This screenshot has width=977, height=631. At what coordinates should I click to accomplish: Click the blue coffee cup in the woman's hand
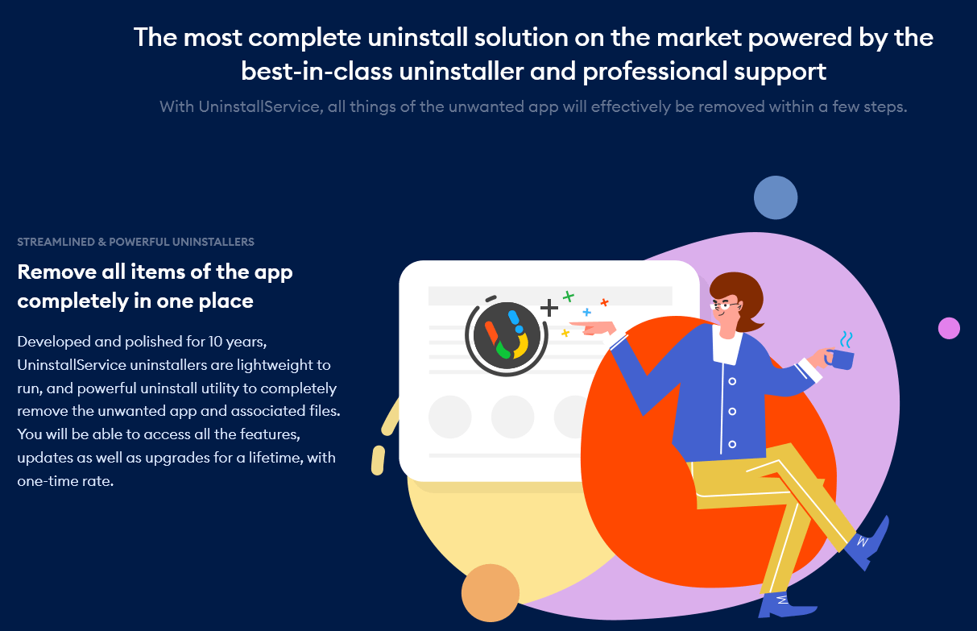coord(840,359)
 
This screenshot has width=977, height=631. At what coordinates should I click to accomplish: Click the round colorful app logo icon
coord(507,335)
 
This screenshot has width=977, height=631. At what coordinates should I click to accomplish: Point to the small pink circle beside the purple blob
coord(949,328)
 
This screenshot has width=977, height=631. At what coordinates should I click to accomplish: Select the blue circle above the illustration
coord(776,197)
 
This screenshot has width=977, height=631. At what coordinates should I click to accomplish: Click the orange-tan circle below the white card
coord(491,592)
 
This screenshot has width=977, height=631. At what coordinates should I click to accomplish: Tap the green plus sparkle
coord(569,297)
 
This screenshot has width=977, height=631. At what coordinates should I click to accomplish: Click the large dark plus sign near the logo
coord(549,308)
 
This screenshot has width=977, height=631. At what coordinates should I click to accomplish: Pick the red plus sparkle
coord(605,302)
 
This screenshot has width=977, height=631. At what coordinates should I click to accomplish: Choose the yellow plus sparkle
coord(565,333)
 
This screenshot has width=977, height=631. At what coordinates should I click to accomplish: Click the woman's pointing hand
coord(593,327)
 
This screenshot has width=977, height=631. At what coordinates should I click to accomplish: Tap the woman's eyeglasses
coord(724,305)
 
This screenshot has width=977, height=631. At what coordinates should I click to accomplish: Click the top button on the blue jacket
coord(732,381)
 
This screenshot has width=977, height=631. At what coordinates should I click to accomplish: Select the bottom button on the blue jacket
coord(732,444)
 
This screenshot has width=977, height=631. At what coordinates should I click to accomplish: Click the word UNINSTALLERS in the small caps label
coord(213,242)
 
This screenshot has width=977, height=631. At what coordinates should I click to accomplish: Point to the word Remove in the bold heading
coord(57,272)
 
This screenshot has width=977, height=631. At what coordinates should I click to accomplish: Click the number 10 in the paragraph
coord(216,341)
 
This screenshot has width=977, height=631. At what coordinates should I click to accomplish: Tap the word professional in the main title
coord(655,72)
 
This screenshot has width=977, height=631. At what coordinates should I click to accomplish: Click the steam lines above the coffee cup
coord(847,339)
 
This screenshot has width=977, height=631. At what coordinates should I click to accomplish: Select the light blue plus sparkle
coord(587,312)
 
